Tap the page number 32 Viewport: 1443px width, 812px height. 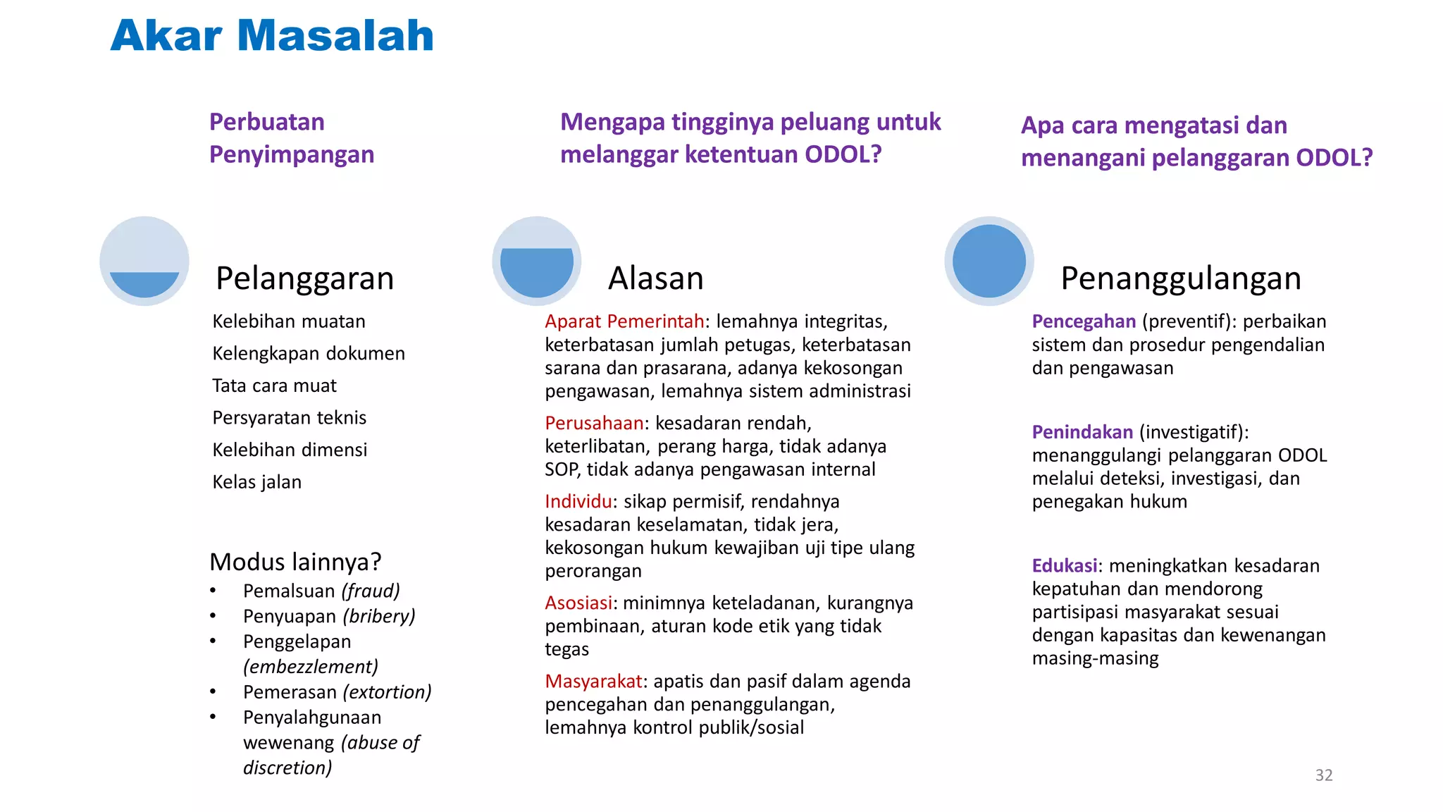point(1323,775)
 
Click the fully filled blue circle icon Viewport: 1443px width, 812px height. point(989,261)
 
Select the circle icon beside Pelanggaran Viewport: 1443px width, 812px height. point(144,261)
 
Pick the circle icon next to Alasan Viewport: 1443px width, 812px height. point(537,261)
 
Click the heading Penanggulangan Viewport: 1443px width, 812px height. point(1180,278)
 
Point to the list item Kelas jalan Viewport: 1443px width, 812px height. point(257,482)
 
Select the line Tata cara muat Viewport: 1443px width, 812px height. point(274,386)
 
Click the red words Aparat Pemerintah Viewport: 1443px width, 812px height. point(624,321)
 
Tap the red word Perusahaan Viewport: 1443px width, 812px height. point(594,423)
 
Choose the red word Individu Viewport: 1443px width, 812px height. point(578,501)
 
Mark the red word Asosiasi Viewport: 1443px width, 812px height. point(578,603)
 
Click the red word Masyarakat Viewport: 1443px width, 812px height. point(593,681)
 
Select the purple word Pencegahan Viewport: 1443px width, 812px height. point(1084,321)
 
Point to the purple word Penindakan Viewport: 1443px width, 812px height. point(1082,432)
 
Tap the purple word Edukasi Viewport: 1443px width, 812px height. point(1064,565)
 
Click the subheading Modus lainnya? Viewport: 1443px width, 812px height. point(295,562)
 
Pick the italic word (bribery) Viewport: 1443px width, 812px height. point(379,616)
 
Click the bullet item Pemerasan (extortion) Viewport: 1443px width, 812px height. point(337,692)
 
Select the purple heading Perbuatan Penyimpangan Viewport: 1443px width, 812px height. point(292,138)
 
